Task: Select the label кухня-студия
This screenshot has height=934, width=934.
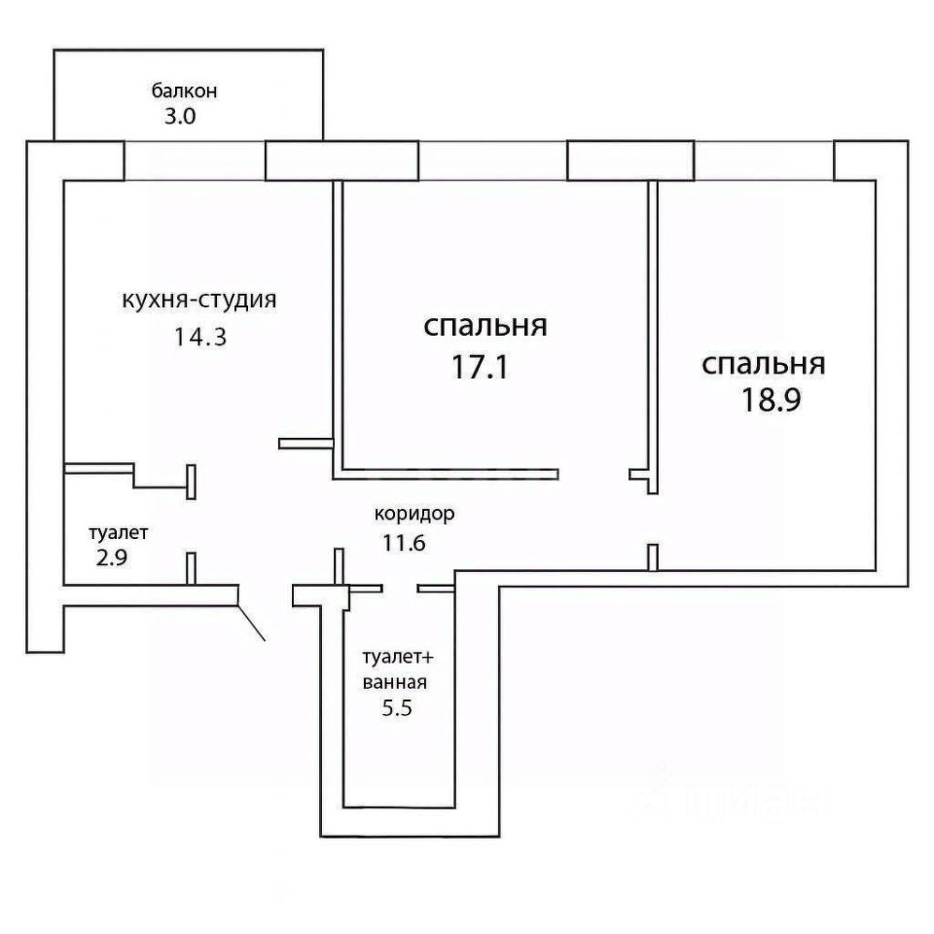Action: (x=199, y=300)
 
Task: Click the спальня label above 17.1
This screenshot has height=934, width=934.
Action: (x=485, y=327)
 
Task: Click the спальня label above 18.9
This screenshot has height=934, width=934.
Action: (x=764, y=365)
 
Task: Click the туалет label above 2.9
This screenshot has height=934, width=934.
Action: (x=119, y=533)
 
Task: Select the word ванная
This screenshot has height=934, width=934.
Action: (x=394, y=682)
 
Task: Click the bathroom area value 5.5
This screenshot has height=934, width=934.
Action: (x=398, y=708)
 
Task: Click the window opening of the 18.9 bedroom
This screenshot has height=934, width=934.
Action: (x=764, y=161)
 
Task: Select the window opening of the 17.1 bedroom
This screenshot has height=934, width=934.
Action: (x=492, y=161)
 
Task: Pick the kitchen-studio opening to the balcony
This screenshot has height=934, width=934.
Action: (x=195, y=161)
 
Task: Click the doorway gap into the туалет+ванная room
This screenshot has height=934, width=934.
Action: (x=400, y=588)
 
